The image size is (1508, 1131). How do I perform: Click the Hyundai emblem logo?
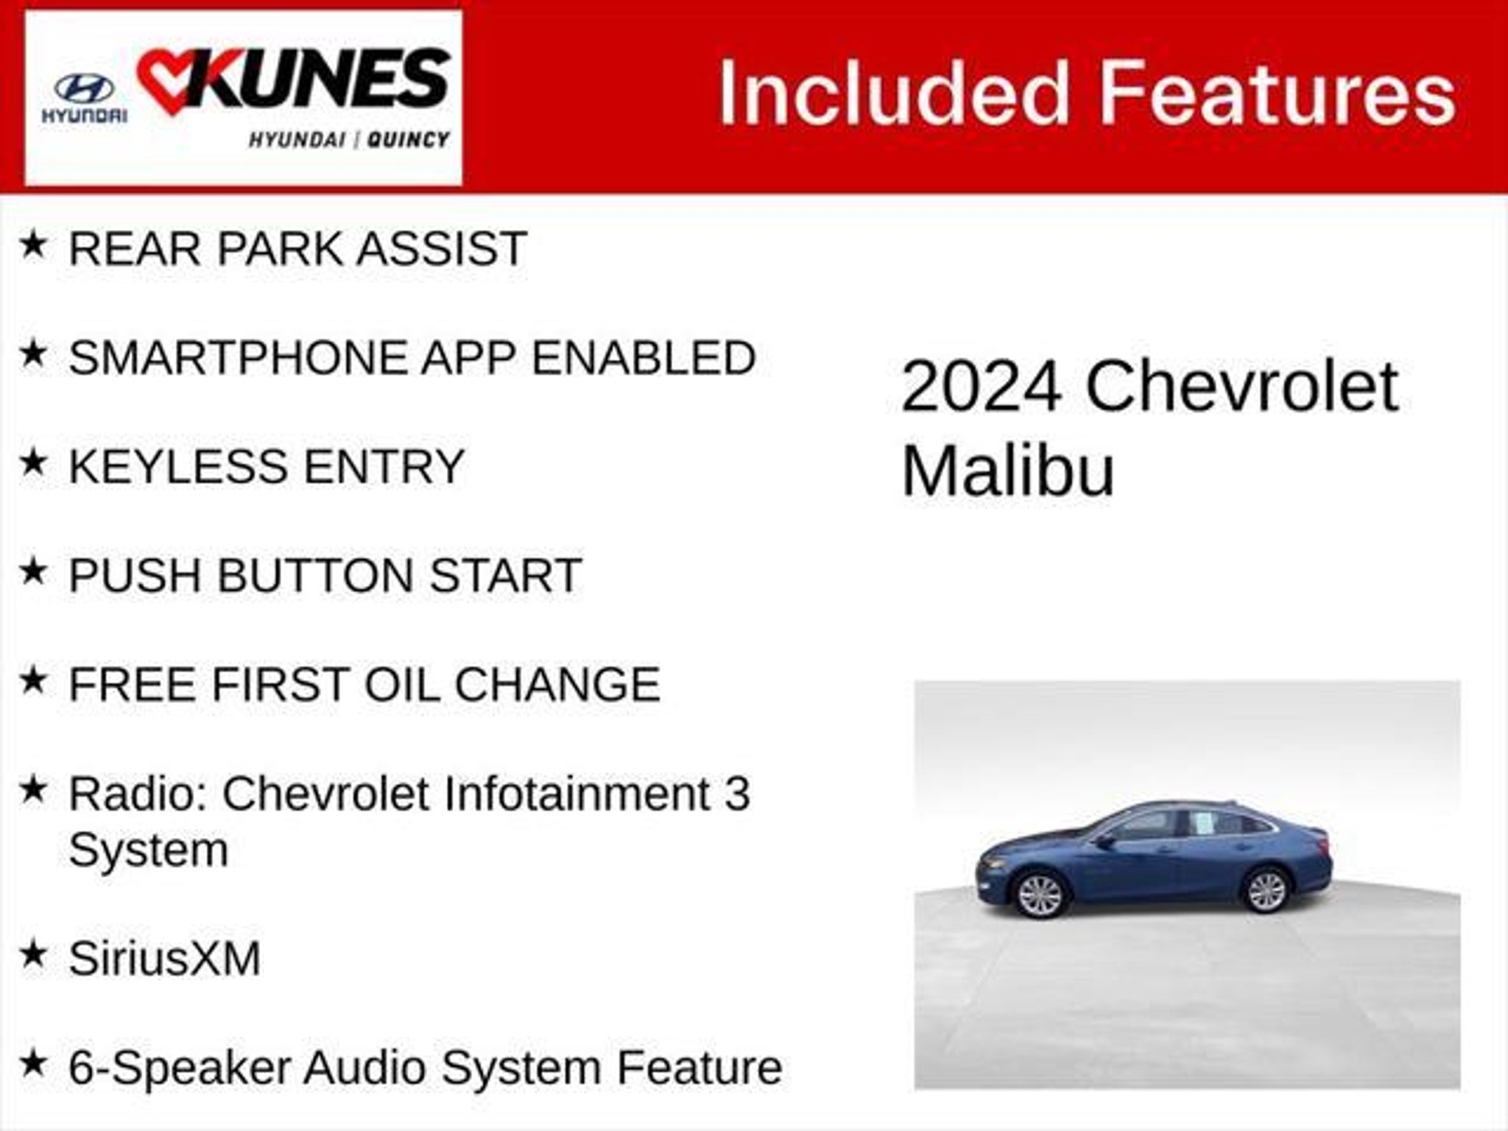[83, 90]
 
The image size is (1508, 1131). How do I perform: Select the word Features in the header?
[1278, 94]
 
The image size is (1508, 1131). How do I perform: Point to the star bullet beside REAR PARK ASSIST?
[34, 244]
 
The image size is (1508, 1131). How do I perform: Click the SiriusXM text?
[165, 959]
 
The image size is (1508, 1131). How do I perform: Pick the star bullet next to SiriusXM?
[34, 955]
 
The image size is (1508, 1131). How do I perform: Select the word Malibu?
[1008, 469]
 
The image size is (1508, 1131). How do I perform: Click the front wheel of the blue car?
[1040, 895]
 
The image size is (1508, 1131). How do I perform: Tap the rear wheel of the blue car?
[1266, 890]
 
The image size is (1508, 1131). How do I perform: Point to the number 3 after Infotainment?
[736, 794]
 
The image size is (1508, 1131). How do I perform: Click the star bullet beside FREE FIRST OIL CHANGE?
[34, 680]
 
